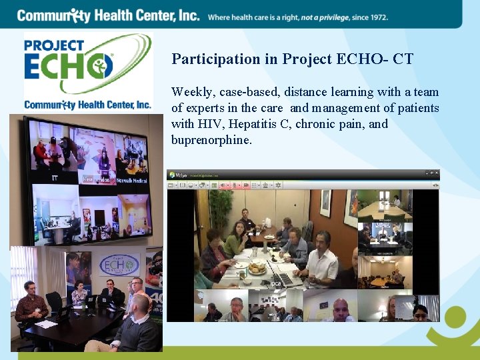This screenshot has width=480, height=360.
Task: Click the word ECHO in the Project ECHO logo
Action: [68, 67]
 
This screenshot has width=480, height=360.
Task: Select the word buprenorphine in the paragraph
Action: [211, 139]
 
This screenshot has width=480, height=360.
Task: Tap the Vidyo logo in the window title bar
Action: [177, 175]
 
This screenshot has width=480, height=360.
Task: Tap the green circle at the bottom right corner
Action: [457, 319]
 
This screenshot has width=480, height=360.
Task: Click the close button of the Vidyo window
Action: [436, 175]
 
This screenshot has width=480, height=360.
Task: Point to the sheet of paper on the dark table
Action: [46, 324]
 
